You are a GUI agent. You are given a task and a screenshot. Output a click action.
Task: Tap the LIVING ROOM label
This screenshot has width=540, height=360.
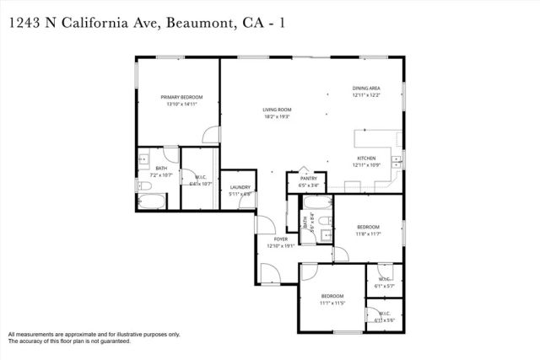pos(276,110)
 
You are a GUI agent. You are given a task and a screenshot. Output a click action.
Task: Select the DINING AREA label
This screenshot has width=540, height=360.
pos(366,89)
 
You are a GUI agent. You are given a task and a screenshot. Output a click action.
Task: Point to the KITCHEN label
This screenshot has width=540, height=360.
pos(366,159)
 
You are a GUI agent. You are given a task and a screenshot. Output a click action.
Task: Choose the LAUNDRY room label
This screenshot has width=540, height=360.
pos(240,187)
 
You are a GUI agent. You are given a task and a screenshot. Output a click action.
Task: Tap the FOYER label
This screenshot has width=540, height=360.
pos(278,239)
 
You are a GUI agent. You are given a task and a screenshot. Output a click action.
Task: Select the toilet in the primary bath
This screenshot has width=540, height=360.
pos(145,185)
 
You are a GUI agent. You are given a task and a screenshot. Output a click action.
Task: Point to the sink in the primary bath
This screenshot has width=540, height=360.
pos(144,159)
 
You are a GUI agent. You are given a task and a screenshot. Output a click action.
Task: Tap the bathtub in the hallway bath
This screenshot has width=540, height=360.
pos(317,203)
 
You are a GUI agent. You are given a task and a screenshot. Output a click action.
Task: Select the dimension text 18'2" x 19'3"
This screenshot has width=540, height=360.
pos(276,117)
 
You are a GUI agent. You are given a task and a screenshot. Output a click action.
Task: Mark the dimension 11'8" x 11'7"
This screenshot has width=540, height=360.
pos(367,234)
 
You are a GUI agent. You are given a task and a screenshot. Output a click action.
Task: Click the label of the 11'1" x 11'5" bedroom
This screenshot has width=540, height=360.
pos(332,296)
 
